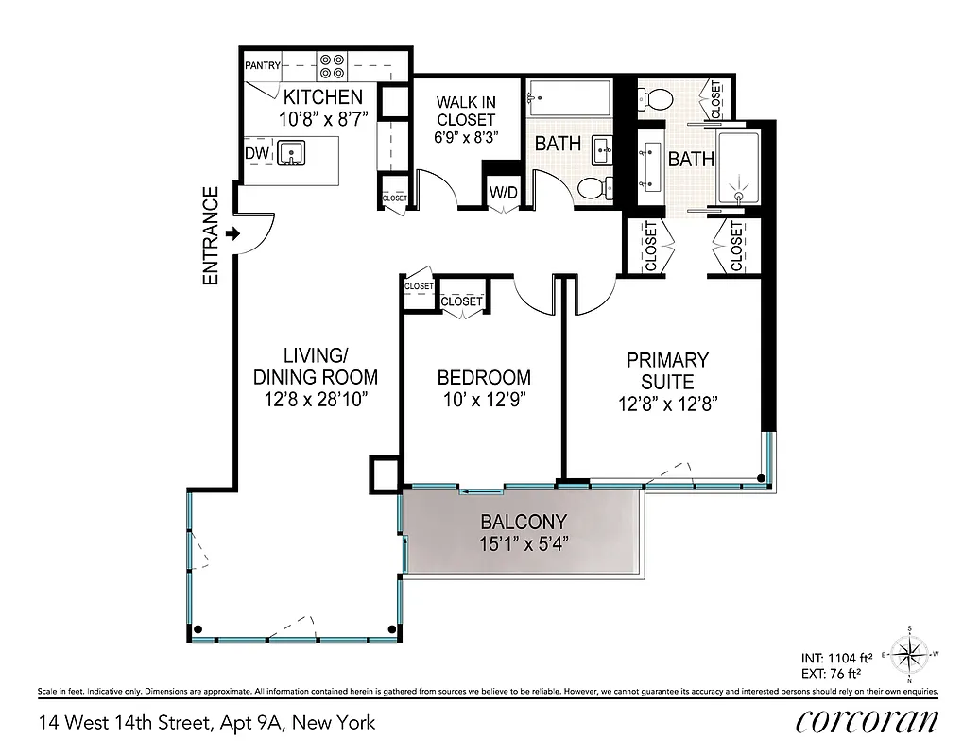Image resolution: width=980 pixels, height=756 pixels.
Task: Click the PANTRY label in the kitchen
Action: pos(261,66)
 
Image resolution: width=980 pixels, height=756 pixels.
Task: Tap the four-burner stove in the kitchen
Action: pos(331,64)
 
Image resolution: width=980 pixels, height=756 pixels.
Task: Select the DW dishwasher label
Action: pos(256,153)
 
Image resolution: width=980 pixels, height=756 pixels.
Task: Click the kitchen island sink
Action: pos(291,152)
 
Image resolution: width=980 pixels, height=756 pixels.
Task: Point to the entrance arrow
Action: pos(233,233)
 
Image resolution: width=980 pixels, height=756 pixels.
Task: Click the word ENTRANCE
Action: pos(210,235)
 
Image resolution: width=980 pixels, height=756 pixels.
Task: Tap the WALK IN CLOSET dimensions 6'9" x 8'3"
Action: pos(465,137)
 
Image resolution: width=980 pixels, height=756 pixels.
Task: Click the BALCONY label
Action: pos(523,522)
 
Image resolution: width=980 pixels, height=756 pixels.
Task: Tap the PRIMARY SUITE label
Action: pos(667,371)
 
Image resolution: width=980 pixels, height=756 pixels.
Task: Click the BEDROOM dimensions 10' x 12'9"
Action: pos(483,400)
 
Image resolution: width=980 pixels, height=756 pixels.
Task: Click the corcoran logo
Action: pos(867,722)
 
